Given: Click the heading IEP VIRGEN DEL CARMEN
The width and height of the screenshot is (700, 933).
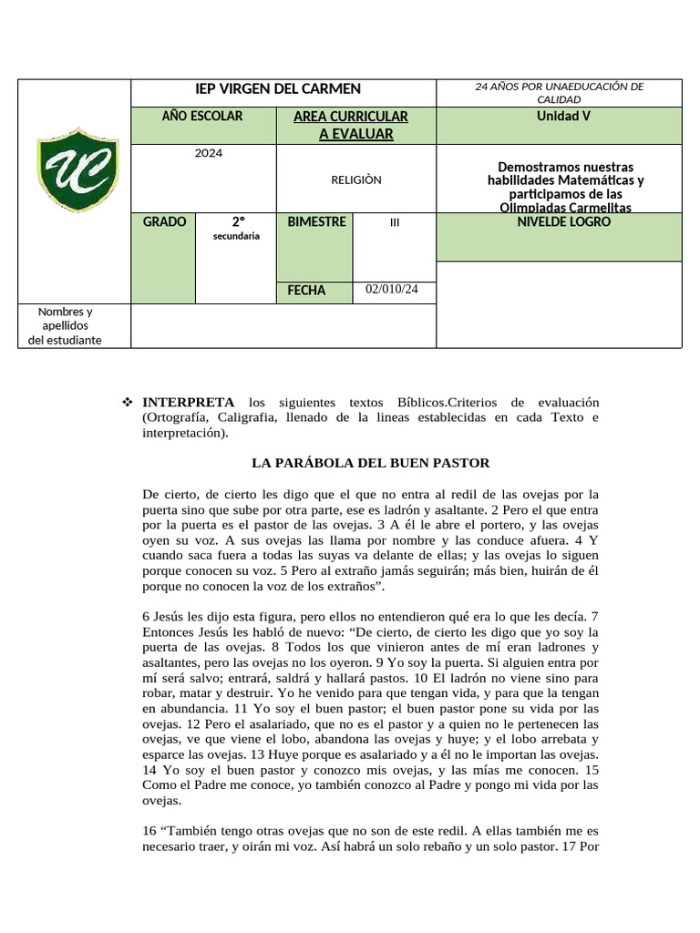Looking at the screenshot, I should [279, 88].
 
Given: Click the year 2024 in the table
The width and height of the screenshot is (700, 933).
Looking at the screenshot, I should [209, 153].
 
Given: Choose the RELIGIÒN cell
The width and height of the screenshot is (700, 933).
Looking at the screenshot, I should [355, 179].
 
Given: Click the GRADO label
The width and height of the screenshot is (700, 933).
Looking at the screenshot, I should [164, 222].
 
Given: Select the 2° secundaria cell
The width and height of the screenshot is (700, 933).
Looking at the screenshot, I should [236, 228].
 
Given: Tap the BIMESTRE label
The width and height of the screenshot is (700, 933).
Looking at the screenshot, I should [316, 222].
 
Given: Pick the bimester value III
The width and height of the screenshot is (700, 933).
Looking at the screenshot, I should [394, 222].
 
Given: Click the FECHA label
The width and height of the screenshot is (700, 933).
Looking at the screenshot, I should [306, 291].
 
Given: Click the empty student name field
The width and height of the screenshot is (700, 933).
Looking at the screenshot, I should [283, 325].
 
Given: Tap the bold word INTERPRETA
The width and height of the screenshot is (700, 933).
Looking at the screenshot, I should [188, 402].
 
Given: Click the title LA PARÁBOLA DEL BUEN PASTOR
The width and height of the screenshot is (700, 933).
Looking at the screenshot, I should [370, 463].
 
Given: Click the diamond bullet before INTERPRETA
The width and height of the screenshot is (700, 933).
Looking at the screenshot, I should [128, 402].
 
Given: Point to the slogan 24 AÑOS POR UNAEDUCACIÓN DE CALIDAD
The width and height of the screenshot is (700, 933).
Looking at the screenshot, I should [559, 92].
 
